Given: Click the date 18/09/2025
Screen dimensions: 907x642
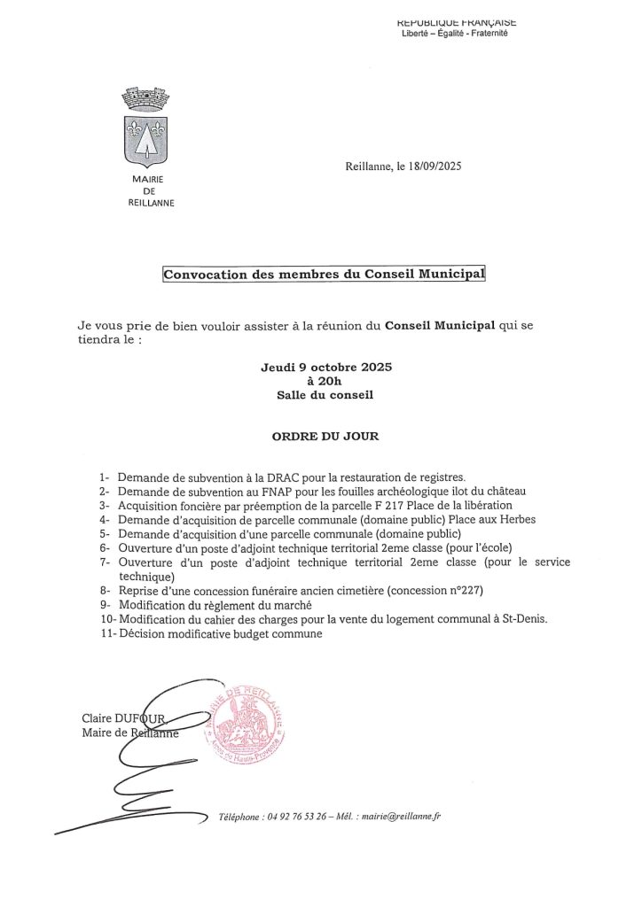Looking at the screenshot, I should pyautogui.click(x=437, y=166).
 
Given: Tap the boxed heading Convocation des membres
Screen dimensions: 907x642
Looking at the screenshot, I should pyautogui.click(x=325, y=275).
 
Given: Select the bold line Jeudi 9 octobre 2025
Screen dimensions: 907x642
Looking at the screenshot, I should pyautogui.click(x=325, y=367).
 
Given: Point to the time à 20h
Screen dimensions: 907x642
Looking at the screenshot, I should pyautogui.click(x=325, y=381).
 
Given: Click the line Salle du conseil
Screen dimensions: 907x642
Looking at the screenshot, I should pyautogui.click(x=325, y=395).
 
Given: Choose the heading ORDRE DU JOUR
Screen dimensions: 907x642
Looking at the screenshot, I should pyautogui.click(x=325, y=437).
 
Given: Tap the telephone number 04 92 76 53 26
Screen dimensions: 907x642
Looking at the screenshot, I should pyautogui.click(x=304, y=816).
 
